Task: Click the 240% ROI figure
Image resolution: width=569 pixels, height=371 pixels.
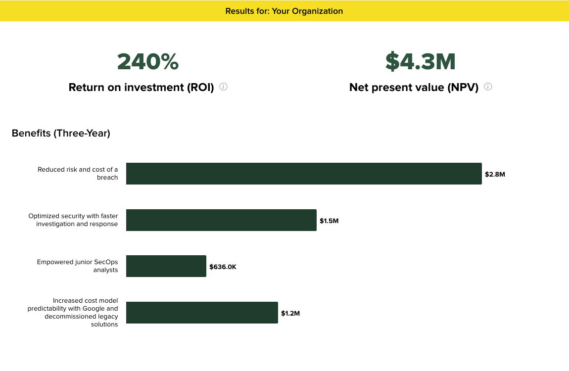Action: pos(147,61)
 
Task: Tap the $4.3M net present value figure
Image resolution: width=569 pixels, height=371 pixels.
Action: pos(420,61)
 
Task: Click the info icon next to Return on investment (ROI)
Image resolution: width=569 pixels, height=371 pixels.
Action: pos(223,87)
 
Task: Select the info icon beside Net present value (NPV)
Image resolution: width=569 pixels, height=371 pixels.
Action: pos(488,87)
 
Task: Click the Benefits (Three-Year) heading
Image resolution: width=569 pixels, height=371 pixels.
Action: pos(61,133)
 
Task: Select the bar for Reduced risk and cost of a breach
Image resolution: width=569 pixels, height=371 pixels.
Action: pos(304,174)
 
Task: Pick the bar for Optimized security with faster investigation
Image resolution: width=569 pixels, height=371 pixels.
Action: pos(221,220)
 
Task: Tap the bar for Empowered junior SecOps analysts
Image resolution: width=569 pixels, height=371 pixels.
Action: pos(166,266)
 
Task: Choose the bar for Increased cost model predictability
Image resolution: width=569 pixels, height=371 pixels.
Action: pos(202,313)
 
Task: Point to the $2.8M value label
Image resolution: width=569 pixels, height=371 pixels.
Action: pos(495,174)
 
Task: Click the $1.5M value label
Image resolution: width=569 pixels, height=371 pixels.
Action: pos(329,221)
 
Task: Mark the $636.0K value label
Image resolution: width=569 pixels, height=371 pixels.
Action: pos(223,267)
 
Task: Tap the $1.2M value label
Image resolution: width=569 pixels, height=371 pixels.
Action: pos(290,313)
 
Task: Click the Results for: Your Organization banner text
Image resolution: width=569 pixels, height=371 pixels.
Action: pos(284,11)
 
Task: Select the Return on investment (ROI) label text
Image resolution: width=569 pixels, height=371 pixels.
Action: pos(141,88)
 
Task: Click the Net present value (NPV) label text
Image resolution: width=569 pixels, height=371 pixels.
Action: pos(414,88)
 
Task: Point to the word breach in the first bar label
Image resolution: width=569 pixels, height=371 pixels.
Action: pos(107,178)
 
